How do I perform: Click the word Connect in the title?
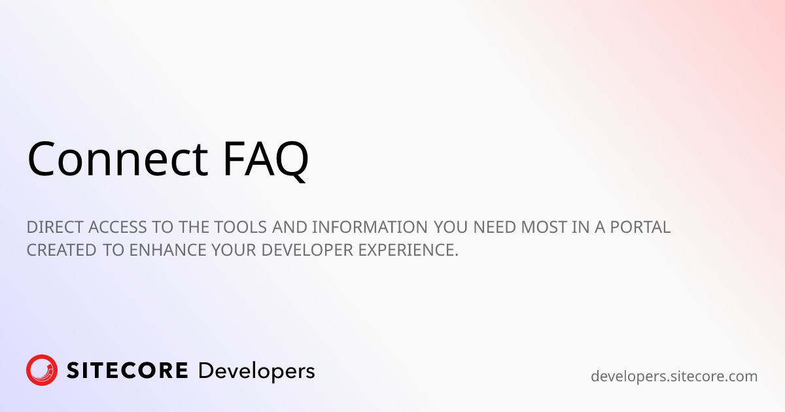tap(118, 159)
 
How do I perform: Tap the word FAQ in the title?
tap(265, 159)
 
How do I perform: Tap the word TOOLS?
tap(248, 228)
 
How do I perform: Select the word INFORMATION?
tap(371, 228)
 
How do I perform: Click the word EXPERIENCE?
tap(408, 250)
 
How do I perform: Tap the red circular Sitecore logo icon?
tap(42, 370)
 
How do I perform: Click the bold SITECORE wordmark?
tap(127, 371)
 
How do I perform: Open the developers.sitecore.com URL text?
tap(674, 376)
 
